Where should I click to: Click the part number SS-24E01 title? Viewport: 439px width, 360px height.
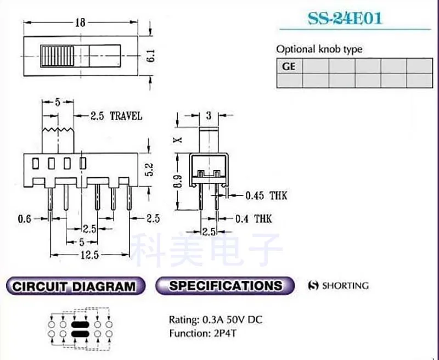(345, 18)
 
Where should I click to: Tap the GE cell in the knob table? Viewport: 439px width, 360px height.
(289, 66)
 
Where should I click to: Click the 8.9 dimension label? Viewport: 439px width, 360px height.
(177, 181)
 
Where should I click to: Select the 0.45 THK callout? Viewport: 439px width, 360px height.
(266, 195)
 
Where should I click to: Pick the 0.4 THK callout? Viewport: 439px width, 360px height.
(253, 219)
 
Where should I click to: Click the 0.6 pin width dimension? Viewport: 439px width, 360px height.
(24, 218)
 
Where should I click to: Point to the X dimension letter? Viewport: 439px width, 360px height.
(177, 139)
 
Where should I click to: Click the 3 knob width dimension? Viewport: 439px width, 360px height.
(209, 116)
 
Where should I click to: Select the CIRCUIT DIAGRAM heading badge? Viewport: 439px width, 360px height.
(74, 286)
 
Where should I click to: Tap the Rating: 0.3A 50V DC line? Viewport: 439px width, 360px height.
(215, 319)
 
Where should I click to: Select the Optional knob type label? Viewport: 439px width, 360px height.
(319, 49)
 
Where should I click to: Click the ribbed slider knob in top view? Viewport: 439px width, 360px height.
(57, 55)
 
